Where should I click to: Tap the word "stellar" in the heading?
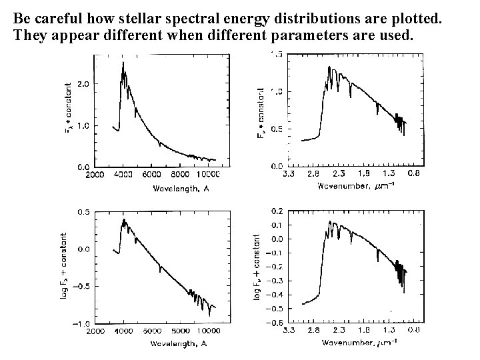click(x=140, y=15)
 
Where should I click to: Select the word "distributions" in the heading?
click(x=307, y=15)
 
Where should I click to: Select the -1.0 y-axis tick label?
click(x=81, y=324)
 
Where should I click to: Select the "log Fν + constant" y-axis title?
click(x=258, y=265)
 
